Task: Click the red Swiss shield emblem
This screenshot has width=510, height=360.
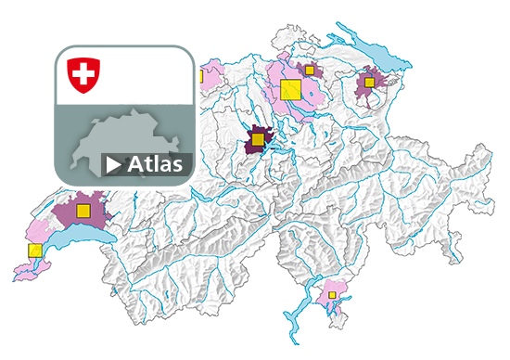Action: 84,74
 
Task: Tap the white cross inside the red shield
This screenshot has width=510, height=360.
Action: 84,72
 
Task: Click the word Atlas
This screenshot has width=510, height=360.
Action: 156,164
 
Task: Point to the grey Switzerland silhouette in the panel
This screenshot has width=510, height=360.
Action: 130,144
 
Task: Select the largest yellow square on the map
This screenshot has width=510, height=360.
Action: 289,89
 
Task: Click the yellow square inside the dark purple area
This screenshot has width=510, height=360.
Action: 257,140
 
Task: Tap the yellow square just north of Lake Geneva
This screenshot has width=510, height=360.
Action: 83,210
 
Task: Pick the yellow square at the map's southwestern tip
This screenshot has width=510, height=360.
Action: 35,251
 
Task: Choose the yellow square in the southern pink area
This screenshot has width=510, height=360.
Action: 331,295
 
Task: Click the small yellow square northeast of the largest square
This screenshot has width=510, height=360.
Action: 309,70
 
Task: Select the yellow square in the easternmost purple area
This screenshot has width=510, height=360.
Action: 369,83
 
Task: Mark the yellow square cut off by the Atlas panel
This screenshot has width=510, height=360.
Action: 199,75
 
